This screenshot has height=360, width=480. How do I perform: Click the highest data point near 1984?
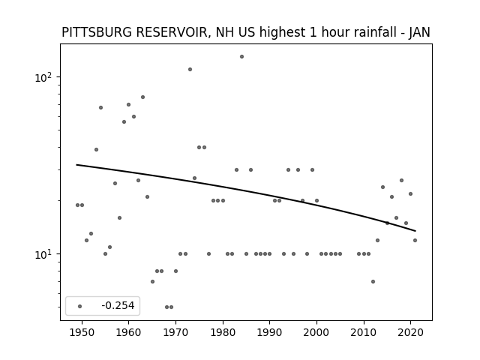click(241, 57)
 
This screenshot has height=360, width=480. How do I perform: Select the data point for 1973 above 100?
click(190, 70)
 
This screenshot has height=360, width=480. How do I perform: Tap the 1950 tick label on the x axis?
click(82, 332)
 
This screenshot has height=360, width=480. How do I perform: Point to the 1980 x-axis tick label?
click(223, 332)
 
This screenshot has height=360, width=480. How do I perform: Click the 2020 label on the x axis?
click(411, 332)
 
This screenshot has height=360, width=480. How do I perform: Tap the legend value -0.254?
click(118, 305)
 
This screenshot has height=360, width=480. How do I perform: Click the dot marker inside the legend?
click(80, 306)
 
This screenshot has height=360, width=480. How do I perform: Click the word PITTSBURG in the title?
click(97, 32)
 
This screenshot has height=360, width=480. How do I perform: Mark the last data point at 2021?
click(415, 240)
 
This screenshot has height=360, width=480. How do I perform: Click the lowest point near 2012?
click(373, 282)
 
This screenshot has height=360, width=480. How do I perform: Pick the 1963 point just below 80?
click(142, 97)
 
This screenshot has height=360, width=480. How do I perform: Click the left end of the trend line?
click(76, 165)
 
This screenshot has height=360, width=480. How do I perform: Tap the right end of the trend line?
click(415, 231)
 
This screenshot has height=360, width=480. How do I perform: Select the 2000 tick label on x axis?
click(316, 332)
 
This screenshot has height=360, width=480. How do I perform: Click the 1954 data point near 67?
click(100, 108)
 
